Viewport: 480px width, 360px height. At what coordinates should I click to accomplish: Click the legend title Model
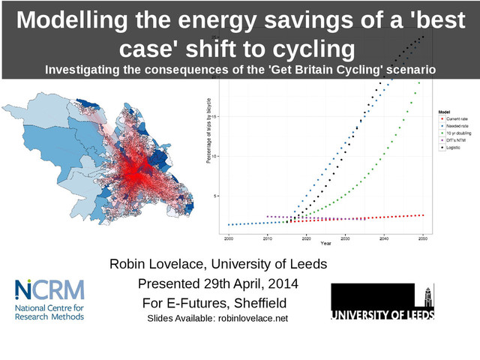(444, 112)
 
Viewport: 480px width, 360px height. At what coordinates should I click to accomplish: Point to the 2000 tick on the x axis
(229, 238)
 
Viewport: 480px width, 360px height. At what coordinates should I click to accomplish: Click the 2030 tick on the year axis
(345, 238)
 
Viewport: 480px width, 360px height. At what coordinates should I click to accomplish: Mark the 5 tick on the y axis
(217, 196)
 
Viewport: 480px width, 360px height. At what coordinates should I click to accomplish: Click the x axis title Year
(325, 244)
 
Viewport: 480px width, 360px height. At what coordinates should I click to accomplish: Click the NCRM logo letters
(49, 289)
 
